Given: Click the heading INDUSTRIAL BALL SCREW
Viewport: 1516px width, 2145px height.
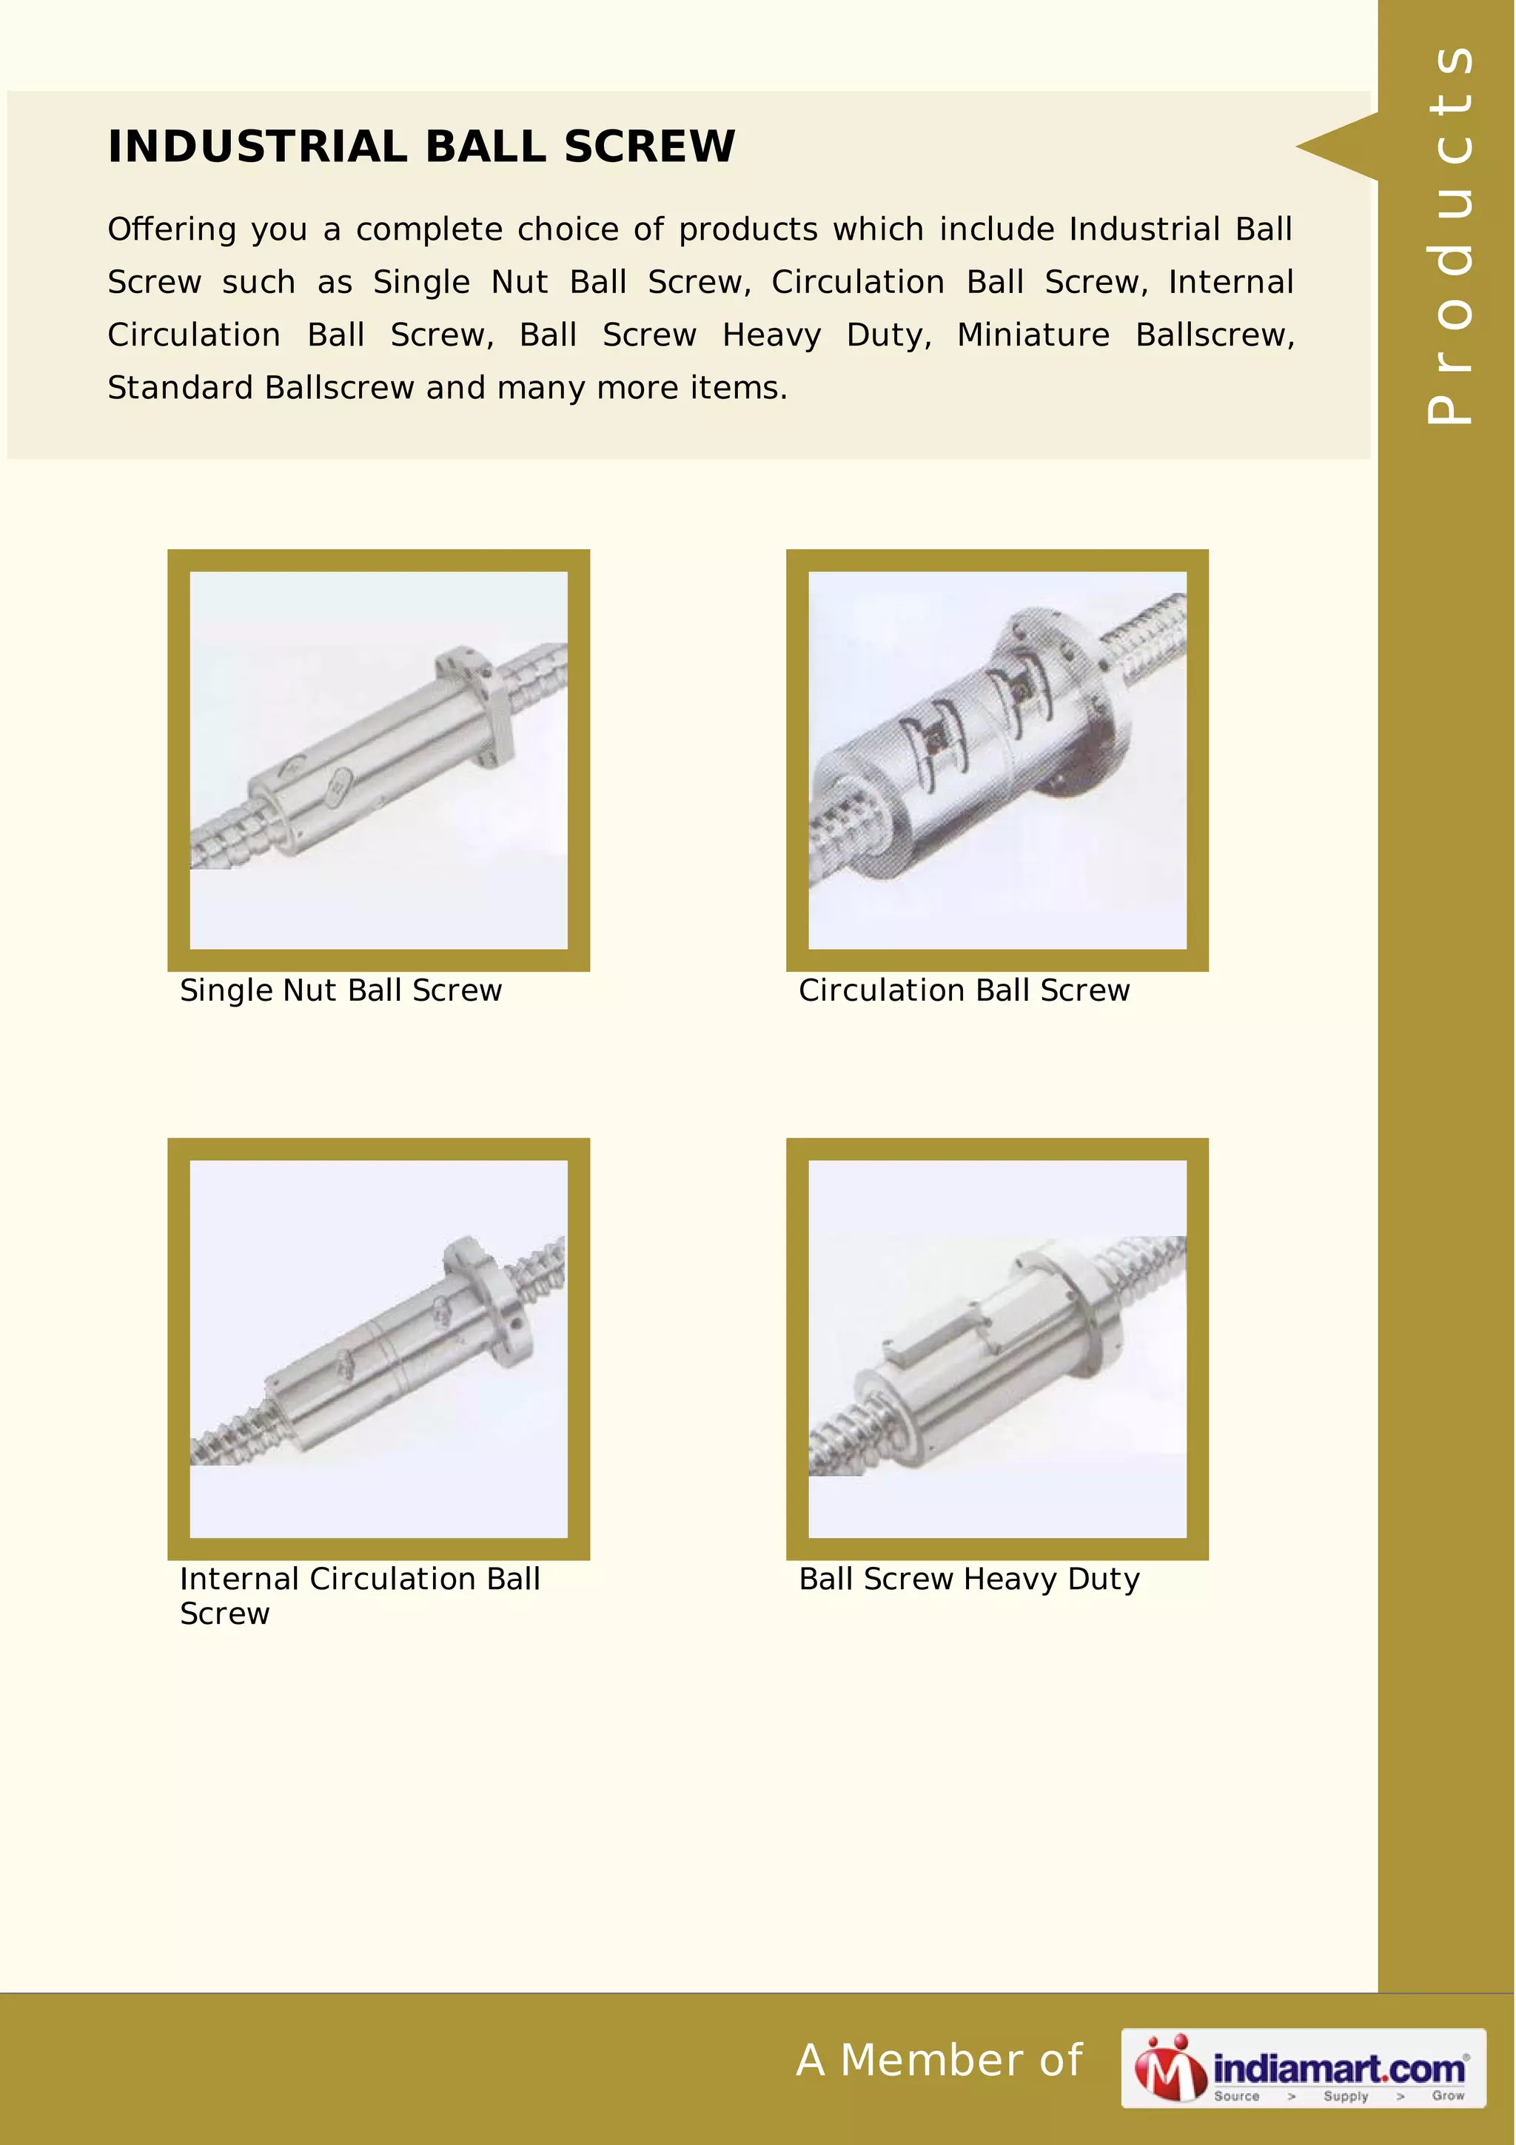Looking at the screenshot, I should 421,147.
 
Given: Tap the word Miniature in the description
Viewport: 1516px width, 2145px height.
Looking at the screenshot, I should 1033,335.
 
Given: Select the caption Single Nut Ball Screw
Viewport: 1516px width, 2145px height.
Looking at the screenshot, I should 341,990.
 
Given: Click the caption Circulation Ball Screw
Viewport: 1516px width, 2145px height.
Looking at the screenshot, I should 964,990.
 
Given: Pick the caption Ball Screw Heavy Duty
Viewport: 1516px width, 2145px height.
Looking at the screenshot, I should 969,1579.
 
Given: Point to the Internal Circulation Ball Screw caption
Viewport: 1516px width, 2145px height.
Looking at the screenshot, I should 360,1596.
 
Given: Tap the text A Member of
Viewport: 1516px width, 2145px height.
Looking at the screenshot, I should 939,2061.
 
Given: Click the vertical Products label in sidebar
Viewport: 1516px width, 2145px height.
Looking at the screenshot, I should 1449,234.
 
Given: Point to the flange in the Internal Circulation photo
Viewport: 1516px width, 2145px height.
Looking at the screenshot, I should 490,1300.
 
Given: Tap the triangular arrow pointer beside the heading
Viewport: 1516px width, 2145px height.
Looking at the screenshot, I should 1335,147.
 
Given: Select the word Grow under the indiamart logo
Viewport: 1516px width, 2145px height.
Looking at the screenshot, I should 1447,2095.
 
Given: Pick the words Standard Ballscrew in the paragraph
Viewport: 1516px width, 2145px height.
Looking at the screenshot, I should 261,388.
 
